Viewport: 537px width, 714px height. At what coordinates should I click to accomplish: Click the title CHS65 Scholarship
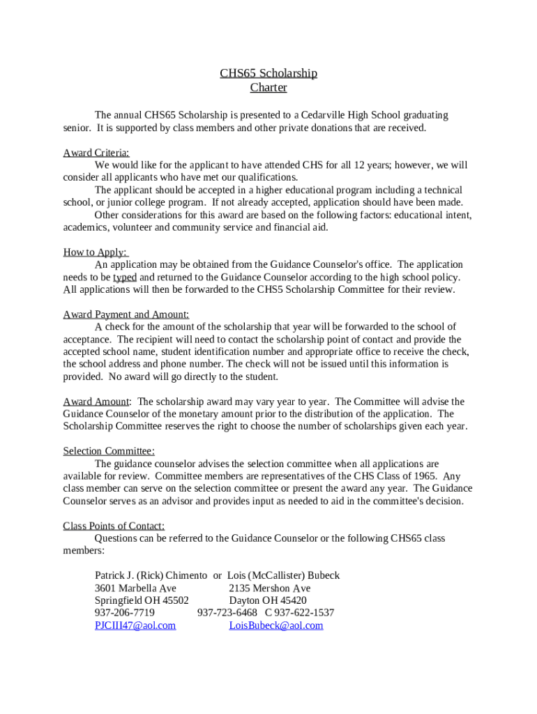click(x=268, y=73)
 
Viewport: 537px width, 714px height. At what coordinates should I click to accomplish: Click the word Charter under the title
click(x=268, y=88)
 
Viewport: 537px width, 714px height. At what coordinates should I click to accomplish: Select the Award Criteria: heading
click(x=96, y=153)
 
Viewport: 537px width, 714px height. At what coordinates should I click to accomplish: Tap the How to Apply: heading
click(x=96, y=252)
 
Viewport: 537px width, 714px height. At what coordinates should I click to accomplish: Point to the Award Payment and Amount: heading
click(x=126, y=314)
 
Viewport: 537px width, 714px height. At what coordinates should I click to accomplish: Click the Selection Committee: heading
click(x=109, y=451)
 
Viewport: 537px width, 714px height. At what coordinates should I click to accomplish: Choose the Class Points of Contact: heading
click(x=114, y=526)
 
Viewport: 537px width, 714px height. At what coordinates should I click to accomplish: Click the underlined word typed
click(x=125, y=278)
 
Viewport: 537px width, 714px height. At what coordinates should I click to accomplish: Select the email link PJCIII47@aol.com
click(x=135, y=625)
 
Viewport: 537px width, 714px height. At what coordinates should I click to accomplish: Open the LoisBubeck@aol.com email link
click(x=276, y=625)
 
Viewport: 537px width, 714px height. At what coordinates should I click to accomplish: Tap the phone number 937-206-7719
click(x=125, y=613)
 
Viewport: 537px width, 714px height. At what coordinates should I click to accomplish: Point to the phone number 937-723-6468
click(x=227, y=613)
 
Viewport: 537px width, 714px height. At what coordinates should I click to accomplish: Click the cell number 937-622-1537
click(x=304, y=613)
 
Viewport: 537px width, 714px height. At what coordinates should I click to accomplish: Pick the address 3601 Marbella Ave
click(x=135, y=588)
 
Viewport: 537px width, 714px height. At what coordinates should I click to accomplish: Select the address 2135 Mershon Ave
click(x=270, y=588)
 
